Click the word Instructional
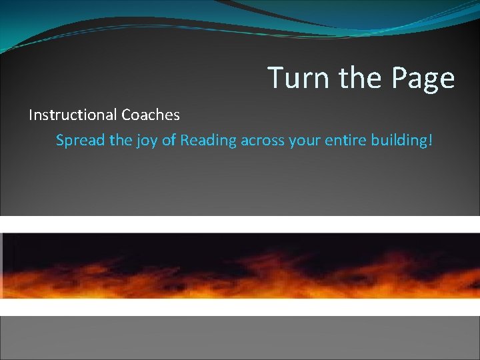click(73, 115)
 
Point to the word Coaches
click(151, 115)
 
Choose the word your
click(303, 142)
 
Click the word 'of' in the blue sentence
click(169, 141)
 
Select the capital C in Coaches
click(127, 115)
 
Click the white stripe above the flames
click(240, 224)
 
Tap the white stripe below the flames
click(240, 307)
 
